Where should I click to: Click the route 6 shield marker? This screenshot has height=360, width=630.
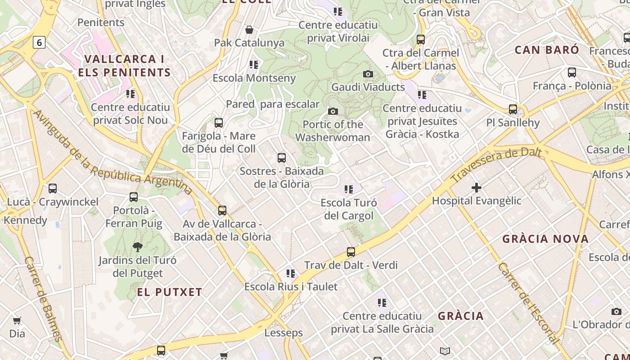pos(39,42)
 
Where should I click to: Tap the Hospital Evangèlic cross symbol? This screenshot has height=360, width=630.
pos(477,188)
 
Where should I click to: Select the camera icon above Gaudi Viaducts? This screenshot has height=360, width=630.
pos(368,74)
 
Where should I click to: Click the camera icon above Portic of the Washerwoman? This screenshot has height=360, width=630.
pos(333,111)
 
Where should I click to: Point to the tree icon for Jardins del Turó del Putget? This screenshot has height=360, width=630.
pos(137,247)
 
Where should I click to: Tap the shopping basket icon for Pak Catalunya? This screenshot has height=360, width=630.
pos(249,30)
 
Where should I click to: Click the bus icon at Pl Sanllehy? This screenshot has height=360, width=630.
pos(513,109)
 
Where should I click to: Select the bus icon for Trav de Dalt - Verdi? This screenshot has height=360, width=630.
pos(351,252)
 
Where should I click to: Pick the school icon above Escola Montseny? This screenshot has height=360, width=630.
pos(254,65)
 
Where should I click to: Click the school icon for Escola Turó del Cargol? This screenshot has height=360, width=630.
pos(349,189)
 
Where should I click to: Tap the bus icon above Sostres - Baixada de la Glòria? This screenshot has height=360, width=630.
pos(282,158)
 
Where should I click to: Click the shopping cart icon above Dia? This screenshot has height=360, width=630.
pos(17,320)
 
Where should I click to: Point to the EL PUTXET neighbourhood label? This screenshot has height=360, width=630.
pos(170,292)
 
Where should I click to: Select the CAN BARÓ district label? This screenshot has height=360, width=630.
pos(547,49)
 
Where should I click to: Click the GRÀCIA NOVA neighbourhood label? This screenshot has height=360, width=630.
pos(545,239)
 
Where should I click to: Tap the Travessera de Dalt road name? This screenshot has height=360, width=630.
pos(496,165)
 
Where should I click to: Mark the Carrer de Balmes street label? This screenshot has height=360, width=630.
pos(43,298)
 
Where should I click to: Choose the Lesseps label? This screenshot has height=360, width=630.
pos(283,333)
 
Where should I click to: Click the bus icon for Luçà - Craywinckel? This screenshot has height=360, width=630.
pos(53,189)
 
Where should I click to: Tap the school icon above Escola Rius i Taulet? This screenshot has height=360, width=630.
pos(291,273)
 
